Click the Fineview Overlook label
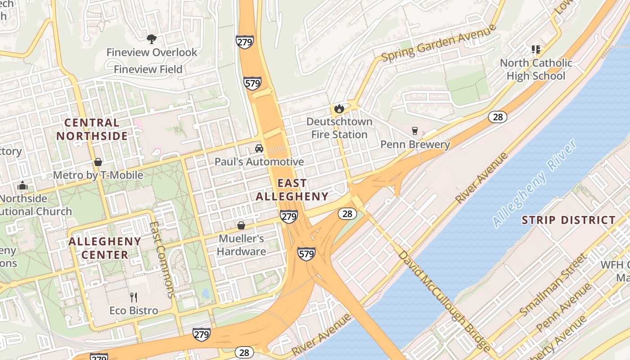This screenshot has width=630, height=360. (x=152, y=52)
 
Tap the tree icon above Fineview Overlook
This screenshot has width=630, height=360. (x=152, y=39)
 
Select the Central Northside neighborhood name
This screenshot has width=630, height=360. (x=92, y=129)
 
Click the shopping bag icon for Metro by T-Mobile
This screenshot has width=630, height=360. (x=98, y=162)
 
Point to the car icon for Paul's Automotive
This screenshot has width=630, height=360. (x=259, y=148)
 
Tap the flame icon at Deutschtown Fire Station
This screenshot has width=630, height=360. (x=338, y=108)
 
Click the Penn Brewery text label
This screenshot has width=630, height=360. (x=415, y=144)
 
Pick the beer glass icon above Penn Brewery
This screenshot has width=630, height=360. (x=415, y=131)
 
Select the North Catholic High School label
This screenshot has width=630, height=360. (x=536, y=69)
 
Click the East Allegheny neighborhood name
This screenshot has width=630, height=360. (x=292, y=190)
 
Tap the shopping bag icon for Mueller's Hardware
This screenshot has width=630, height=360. (x=241, y=225)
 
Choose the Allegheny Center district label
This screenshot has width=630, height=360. (x=105, y=248)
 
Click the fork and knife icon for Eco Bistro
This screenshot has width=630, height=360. (x=134, y=297)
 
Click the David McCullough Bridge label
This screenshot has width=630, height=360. (x=444, y=301)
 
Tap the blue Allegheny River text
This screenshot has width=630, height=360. (x=534, y=183)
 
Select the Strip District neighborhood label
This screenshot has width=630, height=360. (x=568, y=220)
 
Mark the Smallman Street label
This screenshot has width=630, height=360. (x=553, y=285)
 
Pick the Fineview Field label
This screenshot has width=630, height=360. (x=148, y=69)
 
